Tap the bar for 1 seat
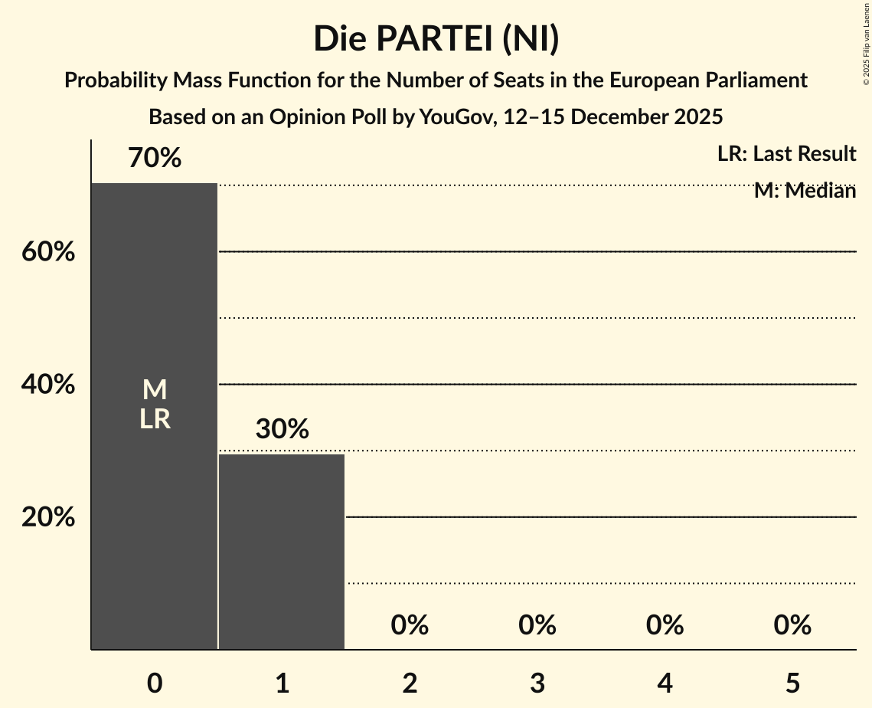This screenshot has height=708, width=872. pos(282,552)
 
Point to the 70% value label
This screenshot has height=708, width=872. pos(155,159)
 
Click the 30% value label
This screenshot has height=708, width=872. pos(282,429)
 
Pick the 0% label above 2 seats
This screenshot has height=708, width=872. pos(410,625)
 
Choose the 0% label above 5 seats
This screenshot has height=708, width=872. pos(792,625)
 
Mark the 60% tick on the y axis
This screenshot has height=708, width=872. pos(48,252)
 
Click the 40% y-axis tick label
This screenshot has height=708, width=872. pos(48,385)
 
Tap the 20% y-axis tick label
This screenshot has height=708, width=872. pos(48,517)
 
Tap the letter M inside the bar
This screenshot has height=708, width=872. pos(155,390)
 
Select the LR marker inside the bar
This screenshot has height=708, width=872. pos(155,419)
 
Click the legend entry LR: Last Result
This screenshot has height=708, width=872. pos(786,154)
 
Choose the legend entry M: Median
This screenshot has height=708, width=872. pos(805,191)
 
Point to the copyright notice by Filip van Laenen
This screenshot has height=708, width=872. pos(865,43)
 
